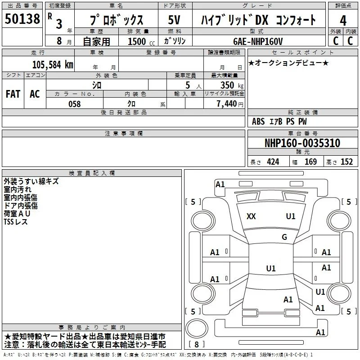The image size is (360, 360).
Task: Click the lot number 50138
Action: pyautogui.click(x=22, y=19)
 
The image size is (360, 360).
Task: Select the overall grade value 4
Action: pyautogui.click(x=343, y=21)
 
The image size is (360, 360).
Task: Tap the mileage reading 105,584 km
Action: pyautogui.click(x=53, y=65)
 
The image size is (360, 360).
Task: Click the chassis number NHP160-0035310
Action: pyautogui.click(x=302, y=143)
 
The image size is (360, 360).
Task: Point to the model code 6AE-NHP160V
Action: pyautogui.click(x=258, y=41)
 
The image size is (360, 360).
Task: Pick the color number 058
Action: pyautogui.click(x=75, y=104)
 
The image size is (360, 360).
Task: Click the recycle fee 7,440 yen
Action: pyautogui.click(x=230, y=104)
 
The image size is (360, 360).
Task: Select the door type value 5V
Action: pyautogui.click(x=174, y=20)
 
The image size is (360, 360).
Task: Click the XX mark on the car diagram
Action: pyautogui.click(x=251, y=216)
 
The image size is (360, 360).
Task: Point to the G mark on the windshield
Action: pyautogui.click(x=284, y=237)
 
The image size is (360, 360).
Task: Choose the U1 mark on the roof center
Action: pyautogui.click(x=271, y=268)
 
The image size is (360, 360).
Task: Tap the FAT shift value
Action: pyautogui.click(x=13, y=94)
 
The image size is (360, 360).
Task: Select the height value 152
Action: pyautogui.click(x=346, y=162)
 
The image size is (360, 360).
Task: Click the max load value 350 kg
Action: pyautogui.click(x=232, y=85)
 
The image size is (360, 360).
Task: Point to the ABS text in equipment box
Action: pyautogui.click(x=258, y=121)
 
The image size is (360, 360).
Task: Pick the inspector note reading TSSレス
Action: pyautogui.click(x=16, y=222)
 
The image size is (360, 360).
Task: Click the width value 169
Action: pyautogui.click(x=310, y=162)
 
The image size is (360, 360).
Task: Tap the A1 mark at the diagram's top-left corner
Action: pyautogui.click(x=220, y=184)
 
